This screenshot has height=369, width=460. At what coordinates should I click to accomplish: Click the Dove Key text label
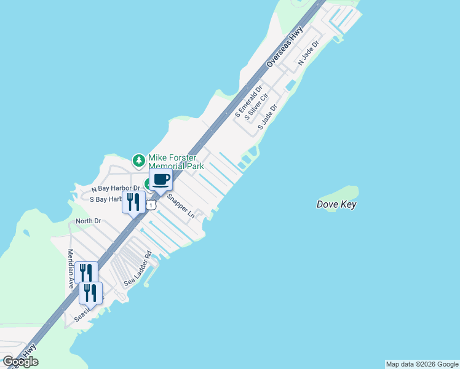coord(336,205)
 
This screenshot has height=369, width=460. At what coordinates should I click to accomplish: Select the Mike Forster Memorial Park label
coord(176,162)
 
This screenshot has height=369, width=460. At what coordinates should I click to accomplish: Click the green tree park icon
coord(140,161)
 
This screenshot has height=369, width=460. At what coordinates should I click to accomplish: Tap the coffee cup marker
coord(161,180)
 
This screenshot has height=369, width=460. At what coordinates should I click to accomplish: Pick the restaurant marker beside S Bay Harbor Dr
coord(133,201)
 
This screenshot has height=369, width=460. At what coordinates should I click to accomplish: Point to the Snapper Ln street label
coord(181,207)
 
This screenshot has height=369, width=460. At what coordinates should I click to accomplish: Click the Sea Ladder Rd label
coord(138,269)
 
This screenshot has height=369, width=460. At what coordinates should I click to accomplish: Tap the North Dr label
coord(88,221)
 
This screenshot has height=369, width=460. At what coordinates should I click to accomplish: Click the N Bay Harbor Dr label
coord(116,188)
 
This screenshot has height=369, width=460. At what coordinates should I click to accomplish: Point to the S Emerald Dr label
coord(248,101)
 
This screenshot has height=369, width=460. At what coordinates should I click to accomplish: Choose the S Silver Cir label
coord(256,107)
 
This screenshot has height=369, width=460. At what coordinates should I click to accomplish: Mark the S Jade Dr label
coord(268,116)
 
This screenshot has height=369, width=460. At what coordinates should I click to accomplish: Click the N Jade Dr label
coord(309,54)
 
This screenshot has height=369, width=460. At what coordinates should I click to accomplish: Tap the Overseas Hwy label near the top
coord(286,48)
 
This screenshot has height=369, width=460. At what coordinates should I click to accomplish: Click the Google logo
coord(20,362)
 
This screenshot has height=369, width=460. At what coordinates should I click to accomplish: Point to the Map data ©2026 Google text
coord(422,364)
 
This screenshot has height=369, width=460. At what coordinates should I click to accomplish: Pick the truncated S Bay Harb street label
coord(105,200)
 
